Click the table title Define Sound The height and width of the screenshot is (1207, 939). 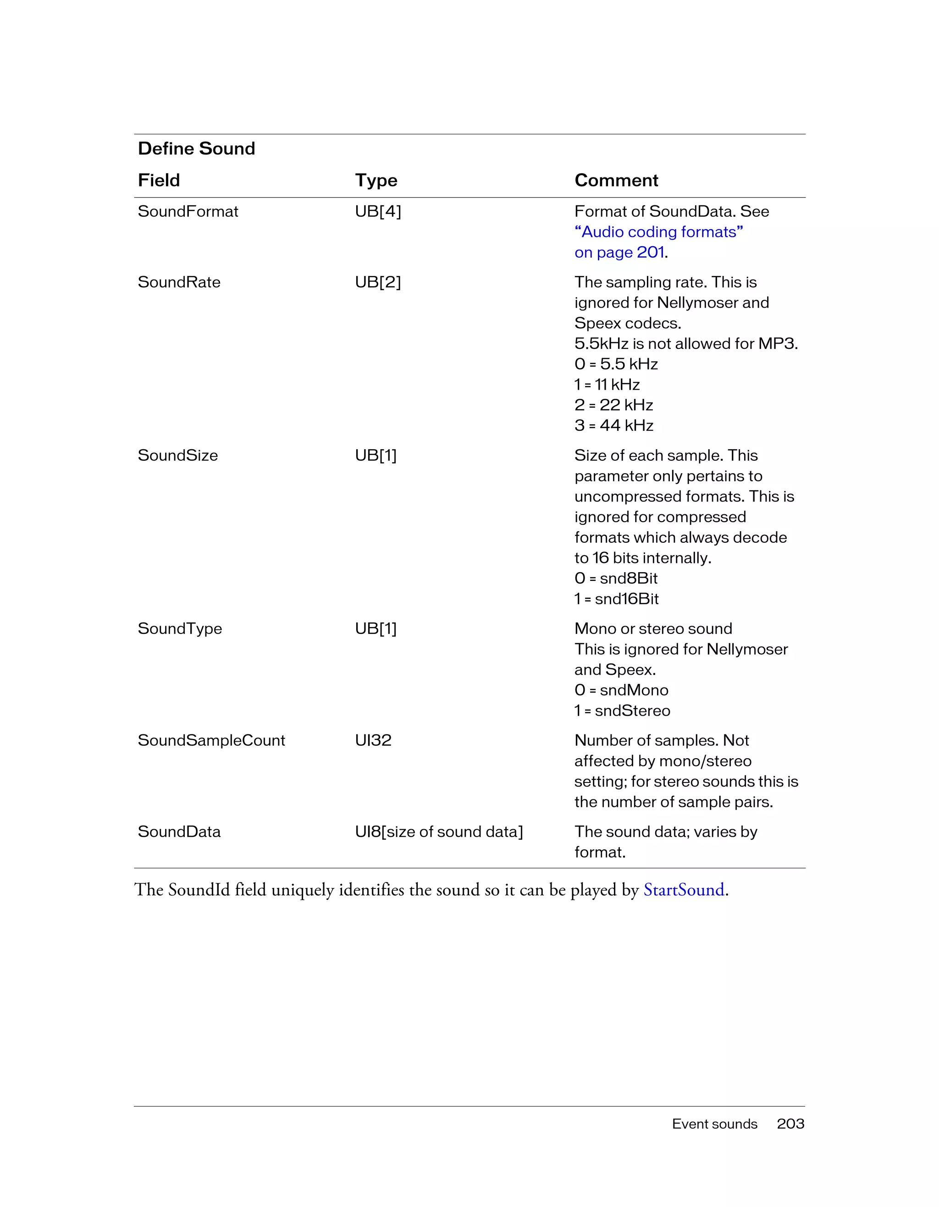[196, 149]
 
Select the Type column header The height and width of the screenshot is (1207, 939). [376, 180]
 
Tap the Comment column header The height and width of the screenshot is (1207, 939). [616, 180]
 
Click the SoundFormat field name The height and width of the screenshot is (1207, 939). [188, 212]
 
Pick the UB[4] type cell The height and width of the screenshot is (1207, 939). [378, 212]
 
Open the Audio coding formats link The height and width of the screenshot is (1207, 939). [658, 232]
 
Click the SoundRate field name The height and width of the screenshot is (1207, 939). [179, 282]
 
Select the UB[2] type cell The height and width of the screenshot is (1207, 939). [378, 282]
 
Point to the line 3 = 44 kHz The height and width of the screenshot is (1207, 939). [613, 425]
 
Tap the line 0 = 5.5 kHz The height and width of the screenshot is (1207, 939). [616, 364]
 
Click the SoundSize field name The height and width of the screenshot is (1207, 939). [177, 455]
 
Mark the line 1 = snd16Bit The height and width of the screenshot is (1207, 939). [616, 599]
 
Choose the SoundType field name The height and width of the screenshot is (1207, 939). [180, 629]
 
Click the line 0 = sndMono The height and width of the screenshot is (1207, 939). [621, 690]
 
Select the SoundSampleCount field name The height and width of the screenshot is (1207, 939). [211, 740]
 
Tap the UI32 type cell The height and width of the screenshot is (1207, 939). [373, 740]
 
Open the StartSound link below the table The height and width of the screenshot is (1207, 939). [684, 890]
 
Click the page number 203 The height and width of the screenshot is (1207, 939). [790, 1124]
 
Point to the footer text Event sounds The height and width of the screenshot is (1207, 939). [714, 1124]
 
